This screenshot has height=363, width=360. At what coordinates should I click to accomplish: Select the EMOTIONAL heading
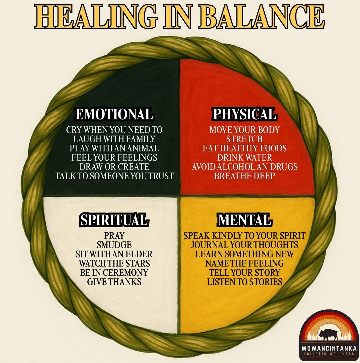(x=114, y=114)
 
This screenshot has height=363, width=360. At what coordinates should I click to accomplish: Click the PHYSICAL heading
(x=244, y=114)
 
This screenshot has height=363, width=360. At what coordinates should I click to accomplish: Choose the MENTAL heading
(x=244, y=220)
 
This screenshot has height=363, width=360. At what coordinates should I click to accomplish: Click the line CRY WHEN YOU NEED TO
(x=114, y=129)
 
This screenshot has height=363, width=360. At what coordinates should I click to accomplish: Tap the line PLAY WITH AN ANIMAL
(x=114, y=148)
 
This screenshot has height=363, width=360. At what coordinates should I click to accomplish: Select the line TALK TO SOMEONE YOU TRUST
(x=114, y=176)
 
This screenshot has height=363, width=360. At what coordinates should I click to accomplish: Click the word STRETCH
(x=244, y=138)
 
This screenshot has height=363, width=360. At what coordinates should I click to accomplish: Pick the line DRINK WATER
(x=244, y=157)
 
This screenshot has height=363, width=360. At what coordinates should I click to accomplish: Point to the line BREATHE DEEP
(x=244, y=176)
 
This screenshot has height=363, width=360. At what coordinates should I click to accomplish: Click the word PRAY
(x=114, y=236)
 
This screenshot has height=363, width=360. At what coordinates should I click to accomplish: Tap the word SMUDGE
(x=114, y=245)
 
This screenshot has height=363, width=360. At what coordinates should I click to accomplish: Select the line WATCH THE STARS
(x=114, y=263)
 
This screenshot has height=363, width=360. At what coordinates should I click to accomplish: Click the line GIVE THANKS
(x=114, y=282)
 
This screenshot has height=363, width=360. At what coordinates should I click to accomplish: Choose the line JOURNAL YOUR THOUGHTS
(x=244, y=245)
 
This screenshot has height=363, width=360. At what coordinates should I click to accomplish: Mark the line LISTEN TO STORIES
(x=244, y=282)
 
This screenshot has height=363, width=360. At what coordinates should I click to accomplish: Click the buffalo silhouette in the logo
(x=328, y=334)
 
